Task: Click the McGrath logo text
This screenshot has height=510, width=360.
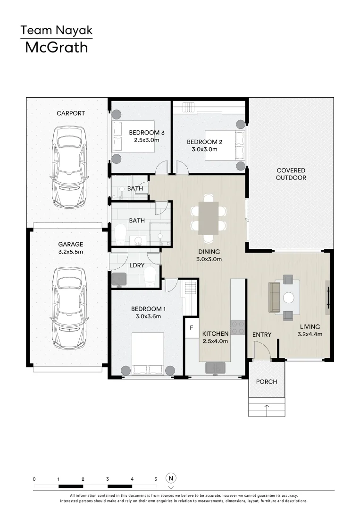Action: point(56,47)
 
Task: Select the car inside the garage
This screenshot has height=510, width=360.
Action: point(70,306)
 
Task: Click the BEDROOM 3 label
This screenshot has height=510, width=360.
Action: point(147,133)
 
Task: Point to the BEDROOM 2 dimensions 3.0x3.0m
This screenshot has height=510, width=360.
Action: point(204,149)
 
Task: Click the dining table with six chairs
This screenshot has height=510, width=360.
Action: point(208,218)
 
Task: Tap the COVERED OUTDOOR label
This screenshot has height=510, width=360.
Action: point(291,174)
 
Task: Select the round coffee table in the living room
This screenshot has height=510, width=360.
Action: point(288,297)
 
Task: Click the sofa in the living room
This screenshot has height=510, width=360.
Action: point(274,297)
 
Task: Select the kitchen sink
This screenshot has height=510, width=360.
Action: point(216,367)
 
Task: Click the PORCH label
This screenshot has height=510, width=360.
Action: point(267,382)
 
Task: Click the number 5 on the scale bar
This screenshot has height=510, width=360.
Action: point(156,479)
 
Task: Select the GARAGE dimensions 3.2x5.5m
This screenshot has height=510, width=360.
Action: point(71,252)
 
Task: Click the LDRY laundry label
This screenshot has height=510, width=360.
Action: point(136,265)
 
